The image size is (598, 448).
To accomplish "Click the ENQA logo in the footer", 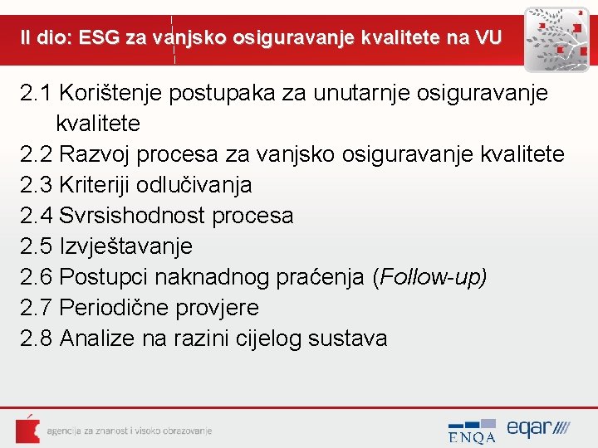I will [x=472, y=431].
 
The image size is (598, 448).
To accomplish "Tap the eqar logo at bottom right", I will [x=538, y=429].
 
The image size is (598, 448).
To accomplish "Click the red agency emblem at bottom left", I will [x=27, y=429].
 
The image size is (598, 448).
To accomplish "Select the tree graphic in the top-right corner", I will [x=557, y=37].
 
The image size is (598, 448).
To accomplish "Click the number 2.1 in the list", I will [x=37, y=93].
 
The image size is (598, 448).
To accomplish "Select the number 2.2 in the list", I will [x=37, y=154].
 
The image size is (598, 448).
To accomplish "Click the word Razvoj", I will [x=98, y=154].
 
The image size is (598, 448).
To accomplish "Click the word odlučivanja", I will [x=203, y=185].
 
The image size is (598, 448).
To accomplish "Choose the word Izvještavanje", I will [x=126, y=246].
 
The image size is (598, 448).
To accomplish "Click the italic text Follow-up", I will [x=431, y=277].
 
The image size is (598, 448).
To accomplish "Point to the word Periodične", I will [x=115, y=308].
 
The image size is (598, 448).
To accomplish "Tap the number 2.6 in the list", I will [x=37, y=277].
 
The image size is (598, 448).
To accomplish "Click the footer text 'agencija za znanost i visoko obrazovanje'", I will [x=130, y=431].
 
